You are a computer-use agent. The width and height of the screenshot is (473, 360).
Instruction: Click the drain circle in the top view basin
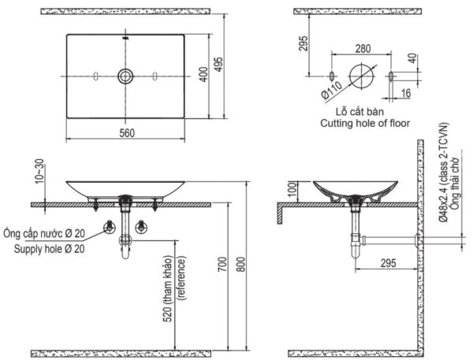125,76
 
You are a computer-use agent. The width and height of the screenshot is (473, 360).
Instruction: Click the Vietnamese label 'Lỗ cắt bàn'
359,112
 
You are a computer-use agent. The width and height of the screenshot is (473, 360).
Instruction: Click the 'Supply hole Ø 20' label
50,249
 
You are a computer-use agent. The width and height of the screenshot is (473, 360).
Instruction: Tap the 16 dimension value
404,92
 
